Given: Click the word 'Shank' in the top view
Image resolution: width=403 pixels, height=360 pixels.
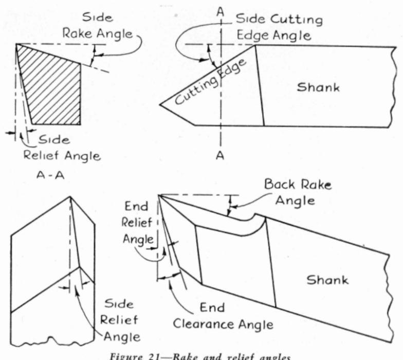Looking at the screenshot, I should point(318,87).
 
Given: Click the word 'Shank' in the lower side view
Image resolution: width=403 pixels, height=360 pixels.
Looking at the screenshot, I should point(327,280).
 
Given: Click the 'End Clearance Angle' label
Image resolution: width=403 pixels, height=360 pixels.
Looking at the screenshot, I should point(223,316).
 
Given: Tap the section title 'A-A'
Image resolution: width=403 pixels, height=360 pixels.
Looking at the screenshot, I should point(49,175).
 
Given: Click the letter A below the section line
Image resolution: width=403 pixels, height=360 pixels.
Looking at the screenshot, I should point(220,156).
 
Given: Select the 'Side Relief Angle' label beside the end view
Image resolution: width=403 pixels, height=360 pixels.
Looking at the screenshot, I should point(119,319).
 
